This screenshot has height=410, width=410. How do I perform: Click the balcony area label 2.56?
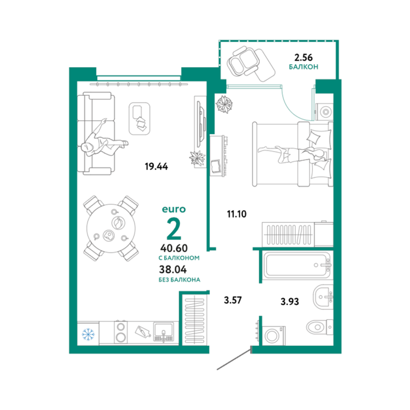pos(303,57)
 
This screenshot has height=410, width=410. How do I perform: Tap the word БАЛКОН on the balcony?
pos(303,67)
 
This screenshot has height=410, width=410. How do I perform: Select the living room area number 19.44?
pos(156,167)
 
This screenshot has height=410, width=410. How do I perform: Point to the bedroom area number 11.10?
pos(236,214)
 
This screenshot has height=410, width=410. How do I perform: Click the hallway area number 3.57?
pos(233,300)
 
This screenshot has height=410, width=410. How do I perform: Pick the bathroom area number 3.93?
pos(290,302)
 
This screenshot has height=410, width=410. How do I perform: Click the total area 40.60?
pos(174,248)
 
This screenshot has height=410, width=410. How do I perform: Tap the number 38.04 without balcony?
pos(173,269)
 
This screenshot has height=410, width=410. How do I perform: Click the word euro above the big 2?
pos(174,209)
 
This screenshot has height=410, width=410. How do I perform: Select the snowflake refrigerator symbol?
pos(89,334)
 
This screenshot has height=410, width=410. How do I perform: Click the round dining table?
pos(111,228)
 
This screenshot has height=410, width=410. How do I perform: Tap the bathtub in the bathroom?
pos(297,265)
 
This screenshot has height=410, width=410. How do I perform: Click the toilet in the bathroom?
pos(320,327)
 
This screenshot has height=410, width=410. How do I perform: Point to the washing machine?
pos(274,336)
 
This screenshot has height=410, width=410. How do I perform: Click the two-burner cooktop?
pos(120,332)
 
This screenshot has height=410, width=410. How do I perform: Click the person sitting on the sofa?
pos(103,140)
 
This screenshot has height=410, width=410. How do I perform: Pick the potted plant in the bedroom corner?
pos(224,104)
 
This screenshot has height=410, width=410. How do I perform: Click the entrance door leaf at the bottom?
pos(234,358)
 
